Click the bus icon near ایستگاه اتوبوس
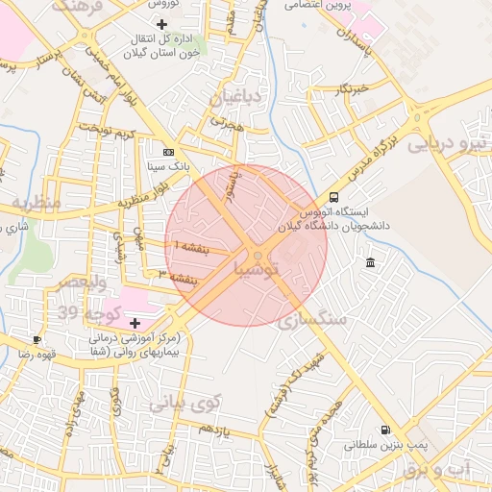pyautogui.click(x=333, y=196)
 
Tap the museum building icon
pyautogui.click(x=370, y=263)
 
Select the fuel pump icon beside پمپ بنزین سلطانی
pyautogui.click(x=385, y=430)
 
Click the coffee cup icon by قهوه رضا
pyautogui.click(x=37, y=339)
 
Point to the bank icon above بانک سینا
pyautogui.click(x=169, y=152)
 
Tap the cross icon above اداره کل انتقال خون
pyautogui.click(x=161, y=23)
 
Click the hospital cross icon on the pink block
pyautogui.click(x=134, y=322)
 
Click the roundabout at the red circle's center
pyautogui.click(x=257, y=254)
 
